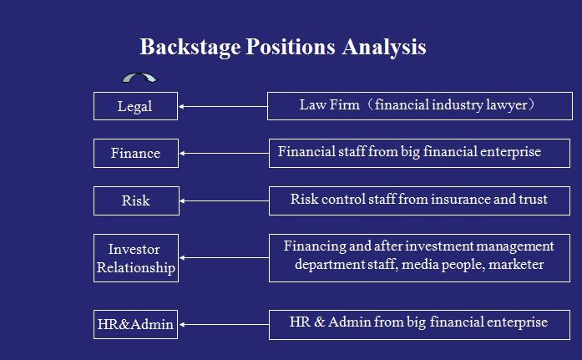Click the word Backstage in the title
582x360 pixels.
190,48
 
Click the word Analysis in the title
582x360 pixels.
384,48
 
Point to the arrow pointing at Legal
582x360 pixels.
223,107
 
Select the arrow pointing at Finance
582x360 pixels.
224,154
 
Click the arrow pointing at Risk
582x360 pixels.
224,200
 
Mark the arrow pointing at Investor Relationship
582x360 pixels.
224,257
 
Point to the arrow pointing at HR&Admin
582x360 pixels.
224,324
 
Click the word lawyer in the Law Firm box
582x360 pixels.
507,105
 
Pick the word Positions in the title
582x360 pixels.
291,48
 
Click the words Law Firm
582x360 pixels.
330,105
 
